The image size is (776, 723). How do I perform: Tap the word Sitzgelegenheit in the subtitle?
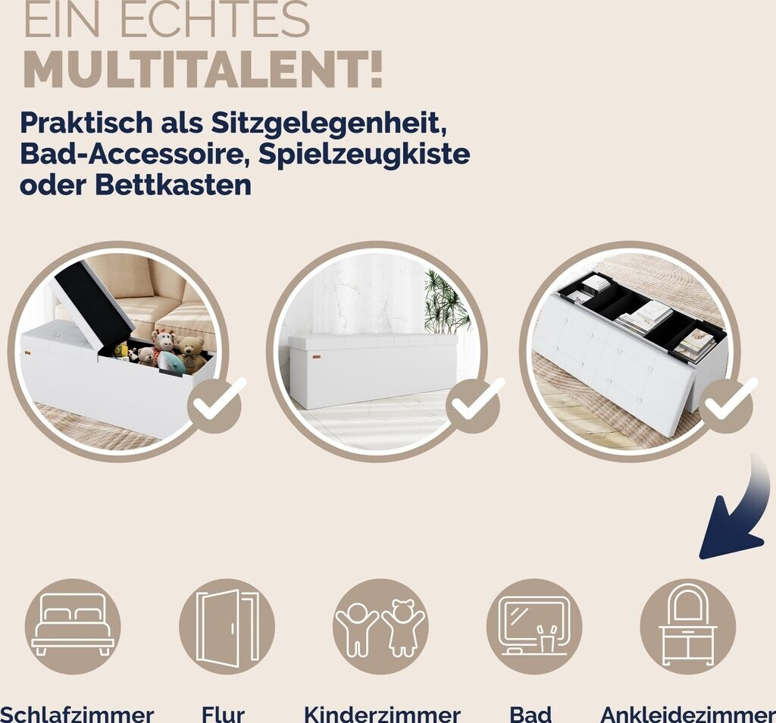pos(329,122)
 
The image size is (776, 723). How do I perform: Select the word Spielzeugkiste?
pos(364,154)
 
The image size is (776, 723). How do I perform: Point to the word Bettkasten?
pos(174,185)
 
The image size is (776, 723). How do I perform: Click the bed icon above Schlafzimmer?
pos(73,627)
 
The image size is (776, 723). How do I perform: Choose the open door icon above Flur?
pos(227,627)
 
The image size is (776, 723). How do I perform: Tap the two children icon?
pos(380,627)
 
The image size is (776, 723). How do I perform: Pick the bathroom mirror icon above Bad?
pos(534,627)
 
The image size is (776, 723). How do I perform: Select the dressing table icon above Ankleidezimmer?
pos(688,627)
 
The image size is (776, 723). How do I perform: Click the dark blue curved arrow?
pos(743,515)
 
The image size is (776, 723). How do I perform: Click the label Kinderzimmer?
pos(382,715)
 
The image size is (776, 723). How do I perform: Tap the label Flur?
pos(223,715)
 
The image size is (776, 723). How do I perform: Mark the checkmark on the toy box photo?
pos(214,405)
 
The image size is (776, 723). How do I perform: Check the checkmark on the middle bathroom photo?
pos(473,405)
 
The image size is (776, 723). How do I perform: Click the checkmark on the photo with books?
pos(727,405)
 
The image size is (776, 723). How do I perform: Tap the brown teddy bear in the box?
pos(190,353)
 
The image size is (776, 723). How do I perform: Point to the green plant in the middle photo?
pos(446,302)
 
